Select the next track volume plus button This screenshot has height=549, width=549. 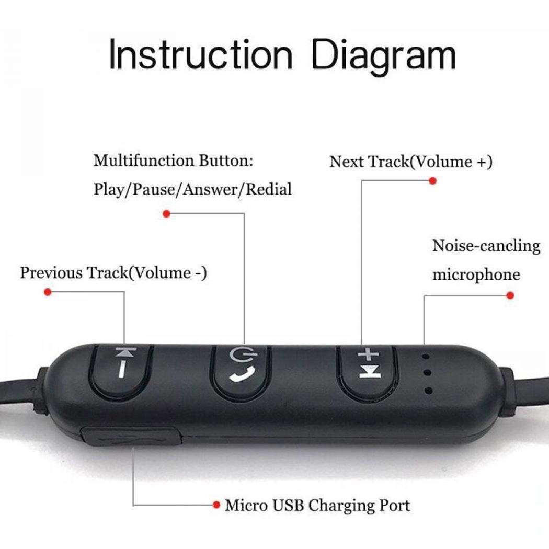(x=368, y=369)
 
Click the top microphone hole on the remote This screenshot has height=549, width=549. (x=427, y=357)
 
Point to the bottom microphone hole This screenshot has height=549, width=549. (x=428, y=390)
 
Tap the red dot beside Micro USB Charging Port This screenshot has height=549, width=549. (x=216, y=505)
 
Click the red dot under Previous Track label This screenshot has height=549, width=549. (x=48, y=292)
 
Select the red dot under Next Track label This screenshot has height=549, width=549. (x=432, y=181)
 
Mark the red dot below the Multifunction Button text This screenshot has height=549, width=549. (x=166, y=213)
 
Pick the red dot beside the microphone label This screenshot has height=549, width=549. (x=510, y=295)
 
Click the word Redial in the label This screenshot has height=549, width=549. (x=269, y=189)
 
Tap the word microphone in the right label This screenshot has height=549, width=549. (x=476, y=274)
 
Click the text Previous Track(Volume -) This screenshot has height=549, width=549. (x=113, y=273)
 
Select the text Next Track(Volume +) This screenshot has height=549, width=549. (x=410, y=162)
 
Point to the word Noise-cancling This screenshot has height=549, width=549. (x=486, y=246)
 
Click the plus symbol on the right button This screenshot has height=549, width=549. (x=369, y=356)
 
